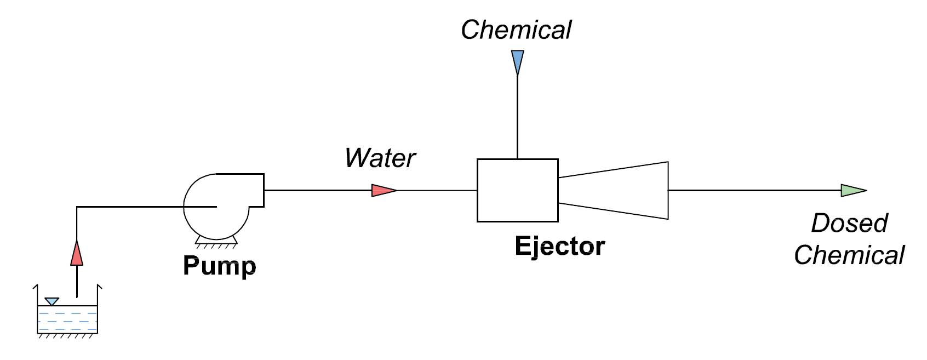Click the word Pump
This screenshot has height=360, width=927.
[x=219, y=266]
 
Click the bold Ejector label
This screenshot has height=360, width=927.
[x=559, y=246]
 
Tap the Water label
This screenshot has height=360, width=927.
[x=380, y=158]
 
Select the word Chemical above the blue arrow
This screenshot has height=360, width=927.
[x=516, y=30]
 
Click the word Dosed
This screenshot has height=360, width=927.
[x=849, y=224]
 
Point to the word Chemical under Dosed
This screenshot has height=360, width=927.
[x=849, y=255]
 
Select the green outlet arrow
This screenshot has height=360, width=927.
[x=852, y=191]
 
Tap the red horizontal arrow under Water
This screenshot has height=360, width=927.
[x=384, y=191]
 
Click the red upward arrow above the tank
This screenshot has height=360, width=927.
[x=77, y=253]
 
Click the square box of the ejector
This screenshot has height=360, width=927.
[x=517, y=190]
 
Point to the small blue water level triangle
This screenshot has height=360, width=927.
[x=52, y=301]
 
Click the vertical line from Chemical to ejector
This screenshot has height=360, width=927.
[x=517, y=118]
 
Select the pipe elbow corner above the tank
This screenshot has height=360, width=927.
[x=77, y=207]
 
